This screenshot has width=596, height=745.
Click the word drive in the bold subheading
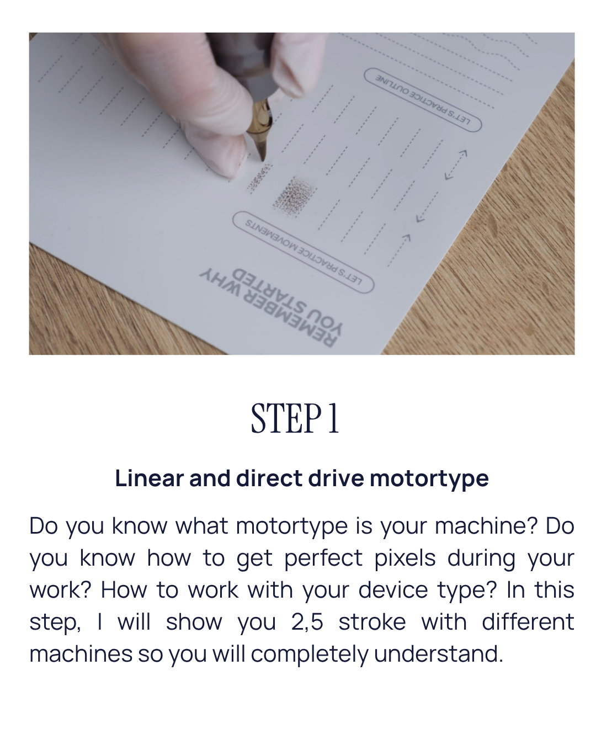(336, 478)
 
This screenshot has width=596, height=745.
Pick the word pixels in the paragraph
(405, 558)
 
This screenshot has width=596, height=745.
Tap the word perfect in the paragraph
(323, 558)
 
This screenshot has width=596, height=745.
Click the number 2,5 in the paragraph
(307, 622)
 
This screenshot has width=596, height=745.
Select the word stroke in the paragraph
(372, 621)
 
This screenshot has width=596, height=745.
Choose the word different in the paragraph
(528, 621)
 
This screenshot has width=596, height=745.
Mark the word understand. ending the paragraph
(438, 653)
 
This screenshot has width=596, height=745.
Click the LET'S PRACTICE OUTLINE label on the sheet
(423, 100)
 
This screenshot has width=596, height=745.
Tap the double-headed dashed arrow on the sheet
(456, 165)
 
